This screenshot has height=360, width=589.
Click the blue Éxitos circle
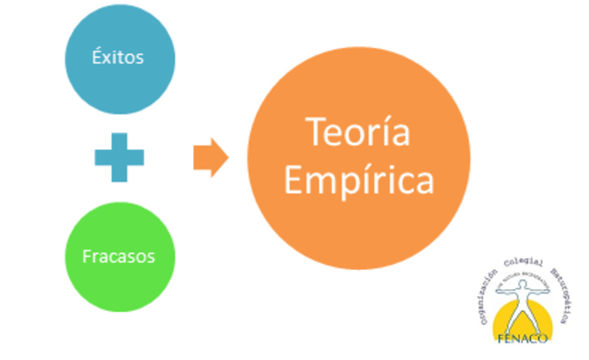118,55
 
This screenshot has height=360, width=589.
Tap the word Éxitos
118,56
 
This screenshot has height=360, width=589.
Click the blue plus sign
119,157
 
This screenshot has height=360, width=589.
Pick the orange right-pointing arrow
210,157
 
